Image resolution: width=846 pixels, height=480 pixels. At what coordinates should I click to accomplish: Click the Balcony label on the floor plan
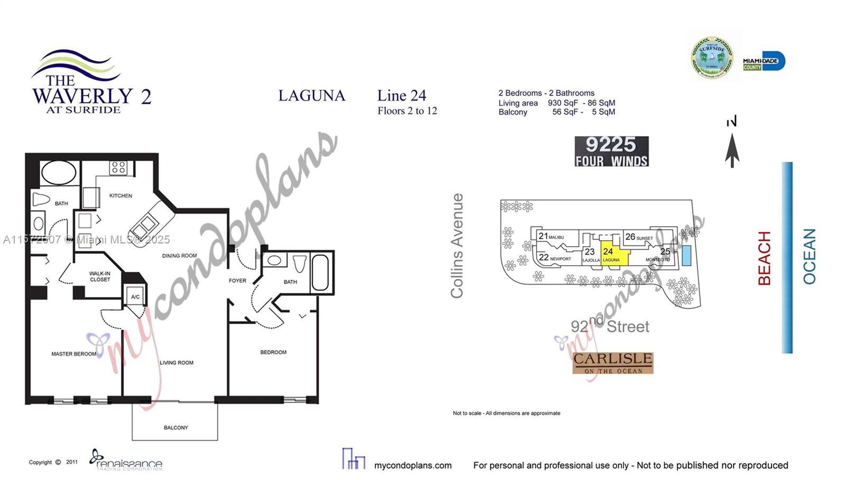pyautogui.click(x=176, y=428)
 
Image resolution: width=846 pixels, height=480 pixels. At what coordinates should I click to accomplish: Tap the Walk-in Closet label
pyautogui.click(x=100, y=277)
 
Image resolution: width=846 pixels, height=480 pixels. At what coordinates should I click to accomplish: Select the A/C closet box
pyautogui.click(x=135, y=296)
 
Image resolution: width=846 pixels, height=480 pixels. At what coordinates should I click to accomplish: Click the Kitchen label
pyautogui.click(x=121, y=196)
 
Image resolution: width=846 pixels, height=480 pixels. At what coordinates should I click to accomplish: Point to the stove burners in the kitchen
pyautogui.click(x=118, y=168)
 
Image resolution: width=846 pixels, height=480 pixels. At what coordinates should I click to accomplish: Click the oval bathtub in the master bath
pyautogui.click(x=58, y=173)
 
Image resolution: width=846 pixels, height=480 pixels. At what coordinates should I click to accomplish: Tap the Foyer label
pyautogui.click(x=237, y=280)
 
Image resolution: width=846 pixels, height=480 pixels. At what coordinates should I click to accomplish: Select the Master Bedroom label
pyautogui.click(x=73, y=354)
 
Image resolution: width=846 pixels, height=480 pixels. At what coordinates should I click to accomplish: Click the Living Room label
pyautogui.click(x=177, y=363)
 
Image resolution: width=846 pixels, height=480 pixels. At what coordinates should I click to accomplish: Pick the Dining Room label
pyautogui.click(x=179, y=256)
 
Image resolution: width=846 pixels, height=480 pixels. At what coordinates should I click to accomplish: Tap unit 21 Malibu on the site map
pyautogui.click(x=550, y=237)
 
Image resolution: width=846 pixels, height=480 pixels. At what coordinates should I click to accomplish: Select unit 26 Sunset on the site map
pyautogui.click(x=639, y=237)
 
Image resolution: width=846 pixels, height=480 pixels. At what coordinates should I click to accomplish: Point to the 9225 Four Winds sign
pyautogui.click(x=611, y=151)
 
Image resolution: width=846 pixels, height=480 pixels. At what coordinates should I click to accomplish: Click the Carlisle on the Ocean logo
pyautogui.click(x=613, y=363)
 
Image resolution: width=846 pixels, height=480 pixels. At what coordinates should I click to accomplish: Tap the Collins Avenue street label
pyautogui.click(x=457, y=246)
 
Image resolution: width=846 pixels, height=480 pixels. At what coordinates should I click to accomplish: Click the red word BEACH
pyautogui.click(x=765, y=258)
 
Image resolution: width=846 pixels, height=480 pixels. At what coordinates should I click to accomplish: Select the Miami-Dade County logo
pyautogui.click(x=764, y=62)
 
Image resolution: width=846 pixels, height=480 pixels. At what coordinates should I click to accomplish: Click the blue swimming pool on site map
pyautogui.click(x=686, y=256)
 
